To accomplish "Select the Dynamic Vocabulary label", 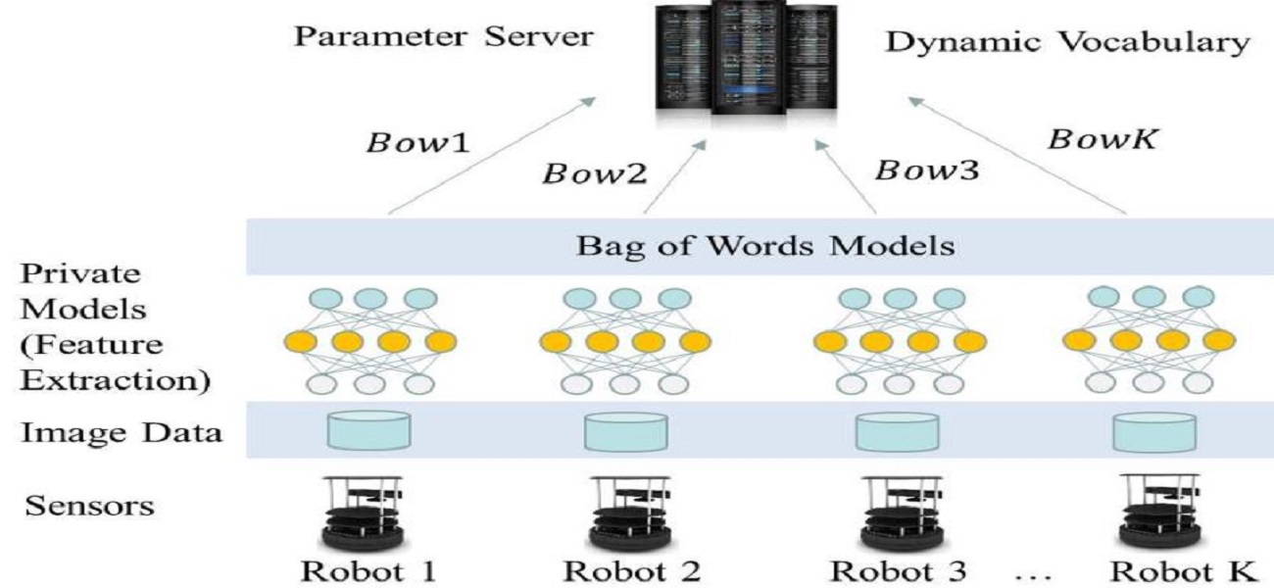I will pyautogui.click(x=1068, y=45).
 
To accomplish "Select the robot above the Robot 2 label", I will pyautogui.click(x=629, y=511).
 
